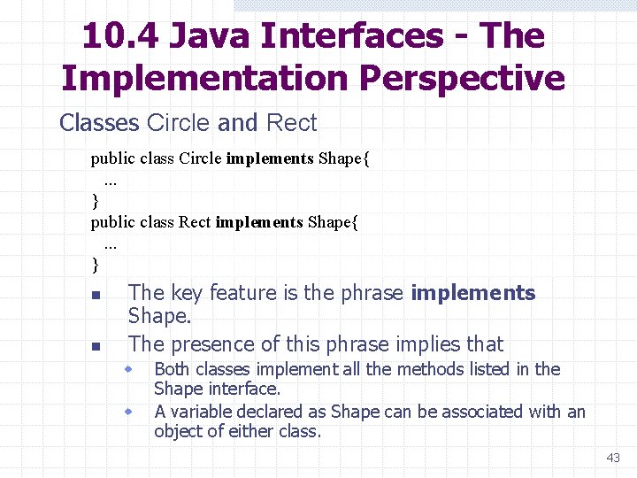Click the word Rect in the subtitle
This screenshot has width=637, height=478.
[291, 123]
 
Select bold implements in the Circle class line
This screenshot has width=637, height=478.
[270, 159]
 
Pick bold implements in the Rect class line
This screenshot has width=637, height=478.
[259, 222]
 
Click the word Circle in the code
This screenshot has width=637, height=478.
[200, 159]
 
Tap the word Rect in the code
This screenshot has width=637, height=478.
[195, 222]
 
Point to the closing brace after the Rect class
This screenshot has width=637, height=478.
[95, 265]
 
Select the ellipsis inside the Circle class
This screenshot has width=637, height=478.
[111, 181]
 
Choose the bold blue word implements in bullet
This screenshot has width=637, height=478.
[473, 293]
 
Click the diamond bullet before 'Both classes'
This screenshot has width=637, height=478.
[128, 368]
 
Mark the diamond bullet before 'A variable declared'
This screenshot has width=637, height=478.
[128, 412]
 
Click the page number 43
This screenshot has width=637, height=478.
[613, 458]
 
